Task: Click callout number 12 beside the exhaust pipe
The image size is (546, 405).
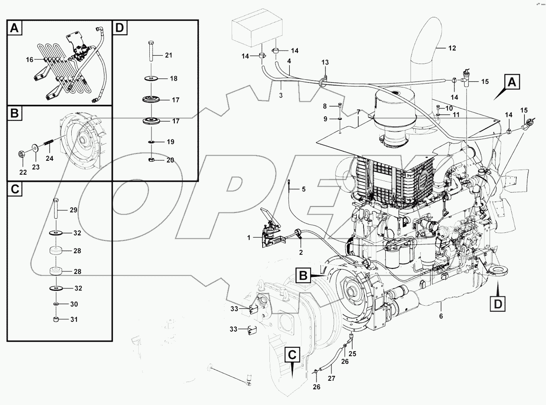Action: point(452,48)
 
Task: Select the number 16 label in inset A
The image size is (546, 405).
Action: point(29,60)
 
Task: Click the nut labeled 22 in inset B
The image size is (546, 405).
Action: point(22,152)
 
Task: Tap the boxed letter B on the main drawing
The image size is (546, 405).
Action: point(303,275)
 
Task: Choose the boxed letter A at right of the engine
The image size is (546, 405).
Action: point(512,82)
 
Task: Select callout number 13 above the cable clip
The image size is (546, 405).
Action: point(325,62)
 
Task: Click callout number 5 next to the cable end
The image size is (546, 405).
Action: point(303,189)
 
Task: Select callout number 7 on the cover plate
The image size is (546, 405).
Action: point(358,112)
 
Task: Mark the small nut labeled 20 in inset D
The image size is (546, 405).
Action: point(151,159)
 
